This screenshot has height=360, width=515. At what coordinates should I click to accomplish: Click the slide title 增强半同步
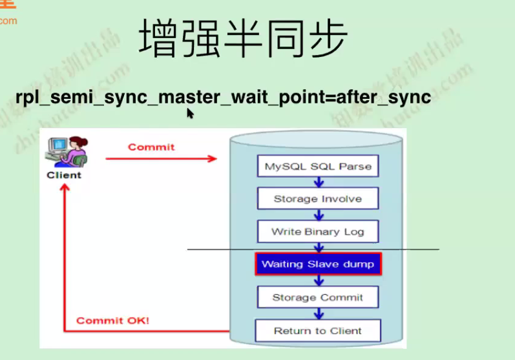[244, 38]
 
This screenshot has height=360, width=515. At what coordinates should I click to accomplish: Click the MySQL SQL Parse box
[318, 166]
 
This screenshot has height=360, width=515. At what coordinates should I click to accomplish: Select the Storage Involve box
[318, 198]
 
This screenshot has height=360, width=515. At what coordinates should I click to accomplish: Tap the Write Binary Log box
[318, 231]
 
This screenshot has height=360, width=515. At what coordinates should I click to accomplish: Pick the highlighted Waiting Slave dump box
[318, 264]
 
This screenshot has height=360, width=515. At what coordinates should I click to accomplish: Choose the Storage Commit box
[318, 297]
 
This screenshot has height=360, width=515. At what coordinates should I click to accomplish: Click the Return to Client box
[318, 330]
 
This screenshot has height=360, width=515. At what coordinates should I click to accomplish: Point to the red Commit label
[151, 147]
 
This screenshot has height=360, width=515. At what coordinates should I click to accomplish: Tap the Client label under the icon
[64, 175]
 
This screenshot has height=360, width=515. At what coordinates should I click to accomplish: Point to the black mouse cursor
[190, 113]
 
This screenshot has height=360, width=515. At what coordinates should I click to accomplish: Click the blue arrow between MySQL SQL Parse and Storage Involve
[318, 182]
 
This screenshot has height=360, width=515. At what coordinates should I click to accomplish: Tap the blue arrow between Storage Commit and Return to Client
[318, 313]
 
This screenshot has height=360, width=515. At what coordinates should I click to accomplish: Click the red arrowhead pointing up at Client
[65, 188]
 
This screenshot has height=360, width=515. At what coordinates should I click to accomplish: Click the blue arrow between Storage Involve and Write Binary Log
[318, 215]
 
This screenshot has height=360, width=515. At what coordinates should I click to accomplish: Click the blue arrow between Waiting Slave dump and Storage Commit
[318, 281]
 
